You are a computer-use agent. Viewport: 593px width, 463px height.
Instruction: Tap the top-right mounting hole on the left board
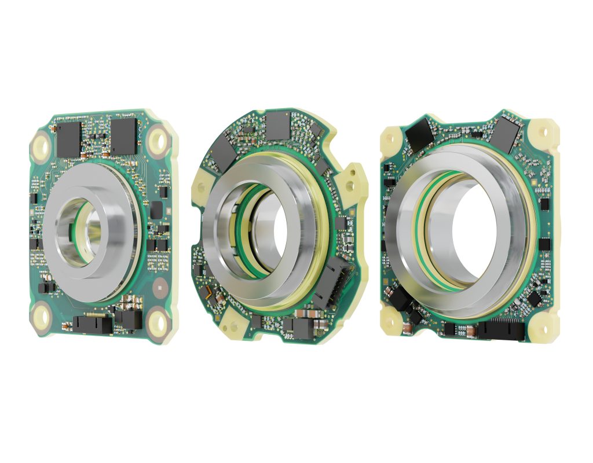pyautogui.click(x=157, y=139)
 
